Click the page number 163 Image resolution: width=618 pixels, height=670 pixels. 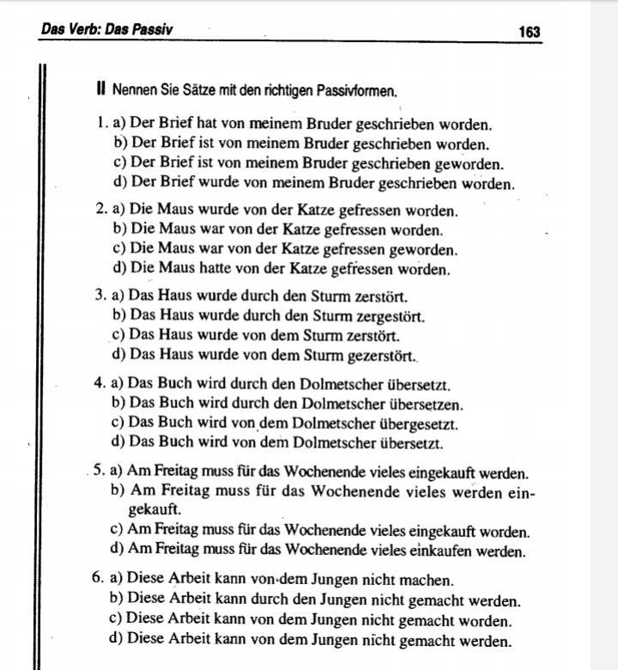coord(529,32)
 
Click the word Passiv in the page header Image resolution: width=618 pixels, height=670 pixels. coord(151,29)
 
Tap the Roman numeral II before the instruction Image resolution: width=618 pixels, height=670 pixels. coord(101,89)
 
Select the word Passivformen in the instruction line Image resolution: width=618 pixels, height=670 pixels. coord(354,89)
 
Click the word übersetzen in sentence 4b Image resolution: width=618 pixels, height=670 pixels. coord(426,405)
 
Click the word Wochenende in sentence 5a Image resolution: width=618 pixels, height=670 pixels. coord(327,473)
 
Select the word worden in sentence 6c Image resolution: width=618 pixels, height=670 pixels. coord(485,620)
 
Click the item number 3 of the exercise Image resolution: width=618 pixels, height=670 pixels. coord(100,296)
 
